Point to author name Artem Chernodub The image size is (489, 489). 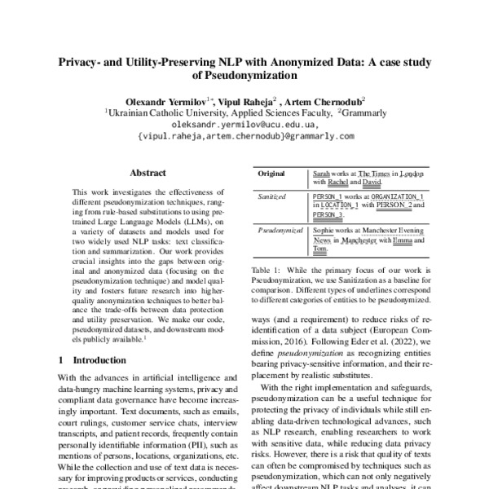pyautogui.click(x=327, y=99)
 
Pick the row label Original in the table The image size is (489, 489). pyautogui.click(x=272, y=174)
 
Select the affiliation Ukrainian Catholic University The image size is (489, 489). pyautogui.click(x=156, y=112)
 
